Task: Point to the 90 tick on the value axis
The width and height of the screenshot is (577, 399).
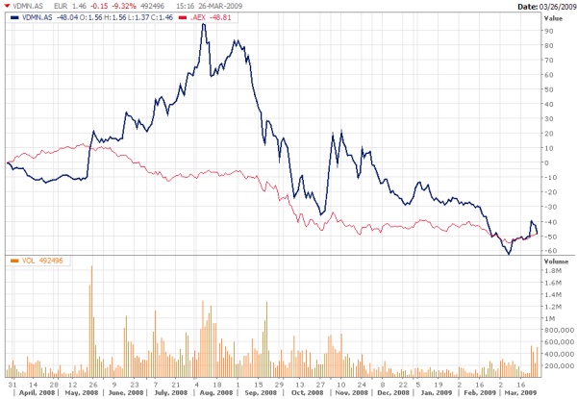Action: click(548, 31)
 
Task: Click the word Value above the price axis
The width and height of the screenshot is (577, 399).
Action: click(554, 17)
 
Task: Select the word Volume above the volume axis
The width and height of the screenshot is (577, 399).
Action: click(557, 261)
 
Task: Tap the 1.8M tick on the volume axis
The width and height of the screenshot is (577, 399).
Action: click(552, 271)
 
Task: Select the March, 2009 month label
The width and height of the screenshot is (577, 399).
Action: click(520, 393)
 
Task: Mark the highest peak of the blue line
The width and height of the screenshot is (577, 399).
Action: click(203, 23)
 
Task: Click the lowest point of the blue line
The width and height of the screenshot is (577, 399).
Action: click(507, 254)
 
